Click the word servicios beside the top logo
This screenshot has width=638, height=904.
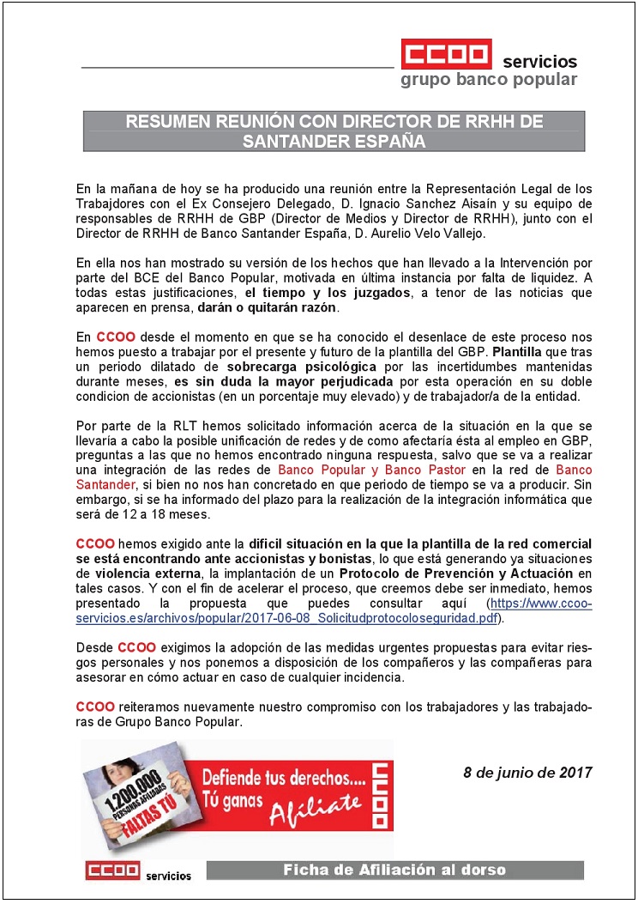click(x=539, y=62)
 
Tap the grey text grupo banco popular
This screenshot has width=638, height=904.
click(x=489, y=81)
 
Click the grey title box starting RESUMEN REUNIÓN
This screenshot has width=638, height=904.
click(x=334, y=131)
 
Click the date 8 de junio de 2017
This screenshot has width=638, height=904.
click(x=527, y=772)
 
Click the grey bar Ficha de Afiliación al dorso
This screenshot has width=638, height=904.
click(x=394, y=871)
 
